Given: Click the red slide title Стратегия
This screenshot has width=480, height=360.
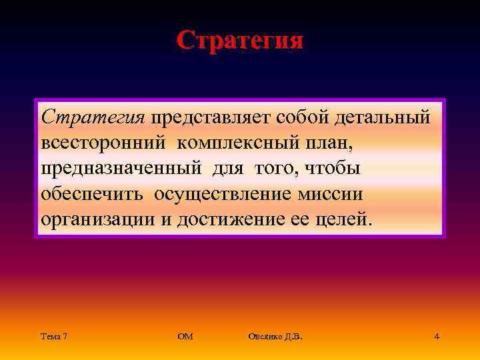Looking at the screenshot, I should [x=240, y=40].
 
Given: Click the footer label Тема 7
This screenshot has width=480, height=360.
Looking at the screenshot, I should [x=53, y=337].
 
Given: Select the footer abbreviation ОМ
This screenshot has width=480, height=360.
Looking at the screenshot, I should [x=185, y=337].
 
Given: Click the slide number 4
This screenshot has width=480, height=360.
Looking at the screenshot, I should [x=436, y=337].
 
